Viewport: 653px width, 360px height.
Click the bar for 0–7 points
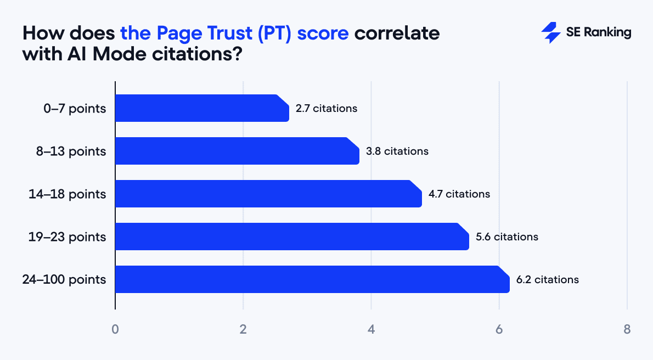202,108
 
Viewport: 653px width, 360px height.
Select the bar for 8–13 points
237,151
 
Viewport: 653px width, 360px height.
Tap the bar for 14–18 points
268,194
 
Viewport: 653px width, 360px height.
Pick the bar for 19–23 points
292,237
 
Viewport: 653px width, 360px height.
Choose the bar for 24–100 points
312,279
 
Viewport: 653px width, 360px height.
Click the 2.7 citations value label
327,109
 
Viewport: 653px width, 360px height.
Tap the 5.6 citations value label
507,237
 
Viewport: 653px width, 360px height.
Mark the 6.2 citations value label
548,280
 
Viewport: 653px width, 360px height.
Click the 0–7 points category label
75,109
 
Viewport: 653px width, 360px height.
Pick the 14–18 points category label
67,194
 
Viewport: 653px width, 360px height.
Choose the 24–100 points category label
64,280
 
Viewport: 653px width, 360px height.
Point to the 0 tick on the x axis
115,330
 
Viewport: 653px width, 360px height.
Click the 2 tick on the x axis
243,330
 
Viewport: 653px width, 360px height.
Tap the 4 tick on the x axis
371,330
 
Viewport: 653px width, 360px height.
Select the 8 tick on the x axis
627,330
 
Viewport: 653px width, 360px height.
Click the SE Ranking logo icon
550,33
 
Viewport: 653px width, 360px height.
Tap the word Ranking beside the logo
607,33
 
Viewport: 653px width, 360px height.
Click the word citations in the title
192,55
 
